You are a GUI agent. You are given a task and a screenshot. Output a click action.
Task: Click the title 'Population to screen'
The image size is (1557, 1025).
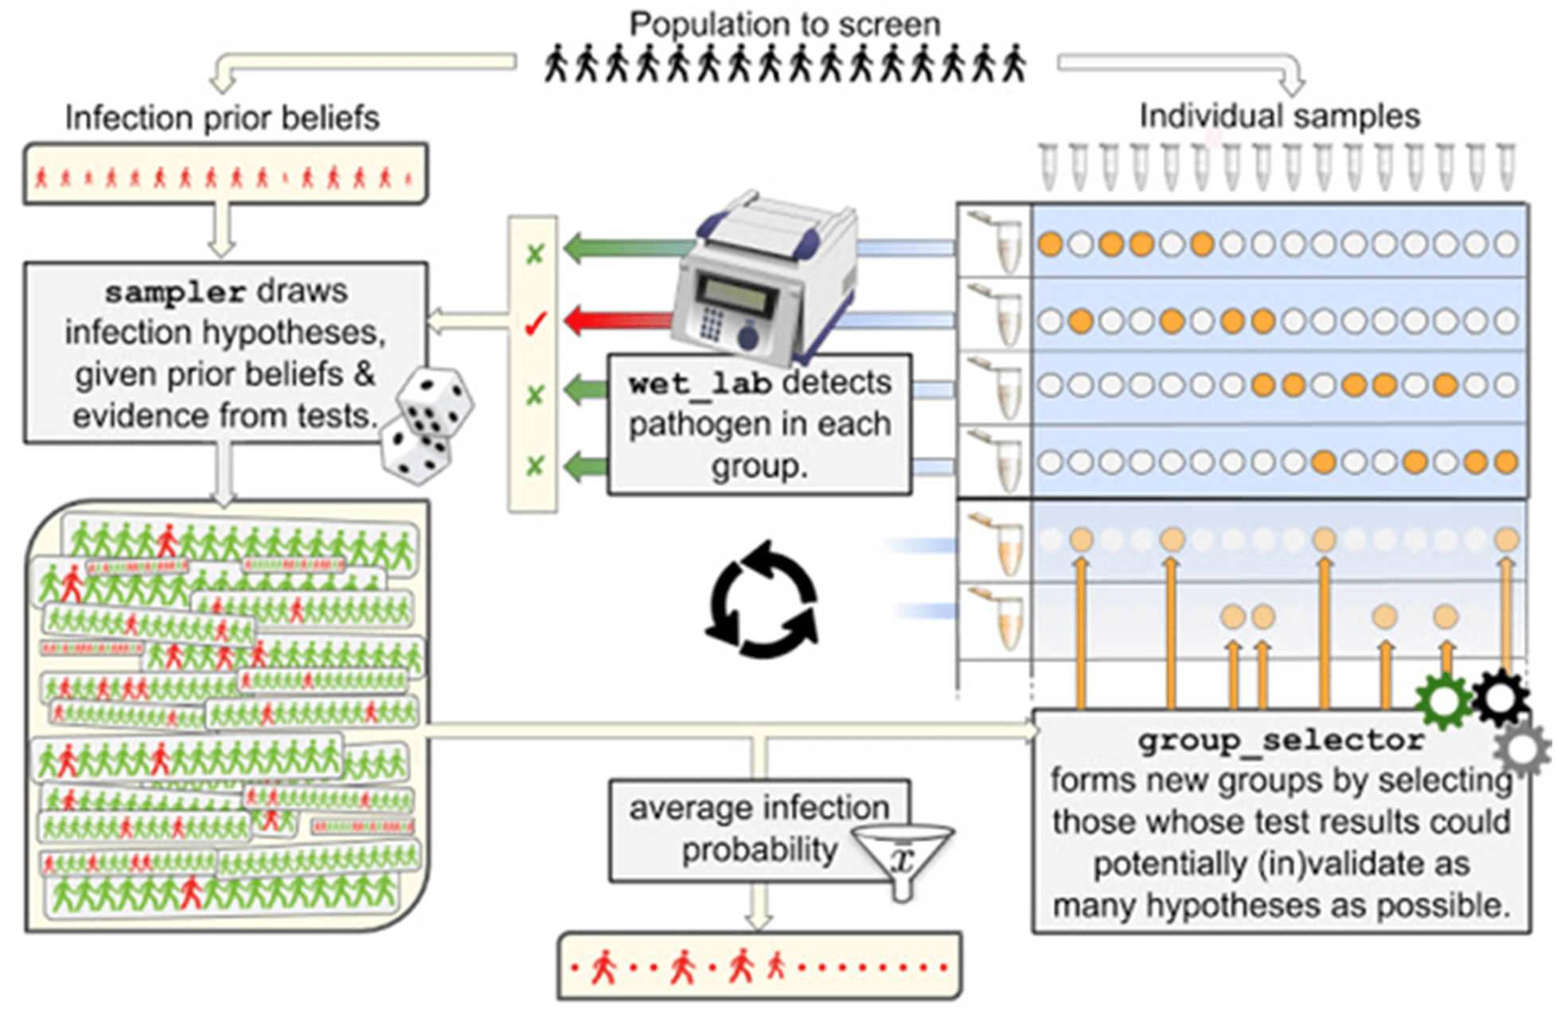click(x=784, y=24)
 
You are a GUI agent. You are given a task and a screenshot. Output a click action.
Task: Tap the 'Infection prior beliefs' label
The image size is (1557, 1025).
click(x=222, y=118)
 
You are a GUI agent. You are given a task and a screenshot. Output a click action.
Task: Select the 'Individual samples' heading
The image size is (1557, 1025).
click(x=1279, y=116)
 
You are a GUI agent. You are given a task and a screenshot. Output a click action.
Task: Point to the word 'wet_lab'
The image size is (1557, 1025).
click(x=699, y=384)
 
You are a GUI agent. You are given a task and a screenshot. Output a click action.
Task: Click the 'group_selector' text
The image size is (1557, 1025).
click(x=1281, y=741)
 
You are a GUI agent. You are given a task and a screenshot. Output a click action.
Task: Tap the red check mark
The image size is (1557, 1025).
click(x=535, y=323)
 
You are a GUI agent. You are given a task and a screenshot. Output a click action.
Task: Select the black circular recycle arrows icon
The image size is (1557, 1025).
click(x=763, y=600)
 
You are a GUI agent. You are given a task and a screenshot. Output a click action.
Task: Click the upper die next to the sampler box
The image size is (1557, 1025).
click(x=435, y=402)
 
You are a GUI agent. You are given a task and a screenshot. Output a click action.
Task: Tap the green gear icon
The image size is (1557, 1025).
click(x=1443, y=701)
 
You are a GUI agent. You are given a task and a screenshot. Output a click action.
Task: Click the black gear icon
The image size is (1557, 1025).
click(x=1500, y=697)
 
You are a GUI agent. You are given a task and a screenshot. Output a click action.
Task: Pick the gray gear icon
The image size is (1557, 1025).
click(x=1522, y=749)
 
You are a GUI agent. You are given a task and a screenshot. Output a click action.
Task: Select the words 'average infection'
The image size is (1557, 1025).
click(x=759, y=809)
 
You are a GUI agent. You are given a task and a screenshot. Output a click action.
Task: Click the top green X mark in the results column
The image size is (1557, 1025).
click(x=535, y=254)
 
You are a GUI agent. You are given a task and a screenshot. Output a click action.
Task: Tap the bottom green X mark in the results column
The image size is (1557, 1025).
click(x=535, y=466)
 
